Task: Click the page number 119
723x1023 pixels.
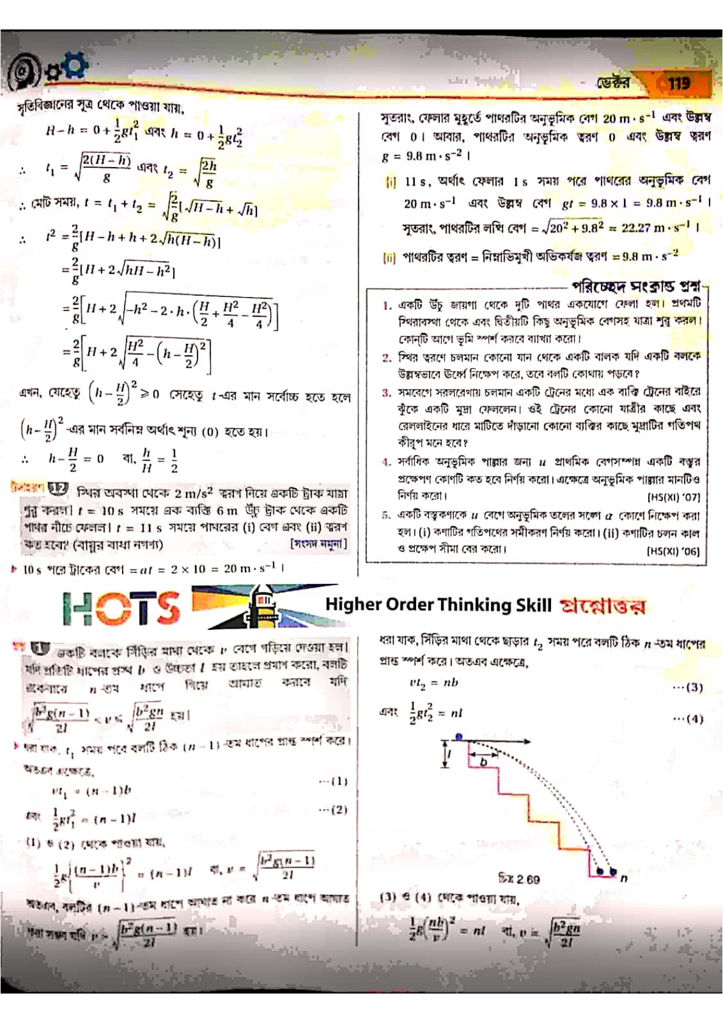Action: pos(679,83)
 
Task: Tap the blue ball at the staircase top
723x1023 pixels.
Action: pos(459,737)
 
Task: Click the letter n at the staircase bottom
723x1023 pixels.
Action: pos(623,877)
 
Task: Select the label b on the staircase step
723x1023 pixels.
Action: pos(484,762)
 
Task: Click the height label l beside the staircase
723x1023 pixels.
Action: pos(450,755)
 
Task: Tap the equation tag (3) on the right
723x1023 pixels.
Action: pos(688,687)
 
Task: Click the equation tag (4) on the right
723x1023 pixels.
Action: pos(688,719)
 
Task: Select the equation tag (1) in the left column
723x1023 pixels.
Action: pos(333,781)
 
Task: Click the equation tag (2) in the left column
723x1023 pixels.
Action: pos(333,809)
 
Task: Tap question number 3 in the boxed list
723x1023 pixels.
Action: pos(386,392)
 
